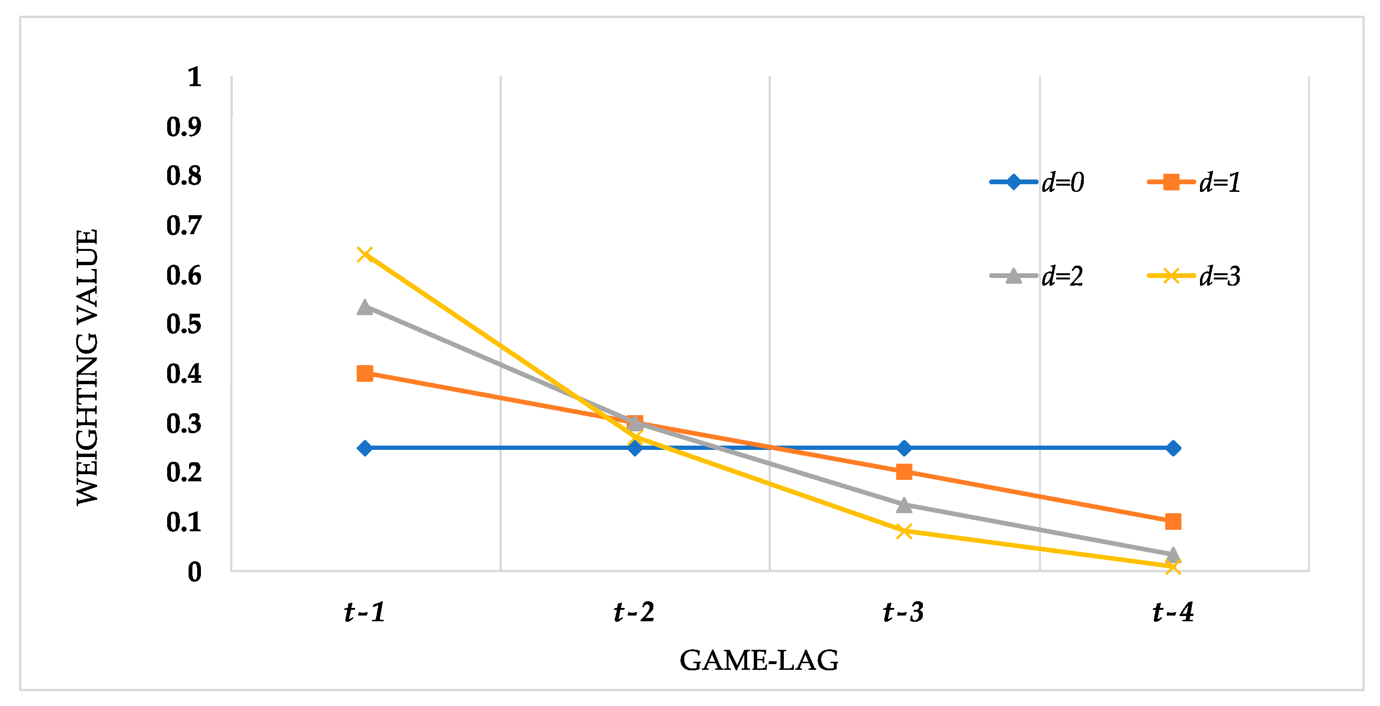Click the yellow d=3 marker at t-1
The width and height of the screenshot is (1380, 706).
point(365,254)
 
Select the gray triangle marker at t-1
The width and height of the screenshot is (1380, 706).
point(365,308)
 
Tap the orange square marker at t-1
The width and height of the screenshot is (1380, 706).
point(365,373)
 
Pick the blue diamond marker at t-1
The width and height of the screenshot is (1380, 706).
point(365,448)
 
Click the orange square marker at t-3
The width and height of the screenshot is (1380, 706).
point(904,472)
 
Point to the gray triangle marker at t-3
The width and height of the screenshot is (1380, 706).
point(904,505)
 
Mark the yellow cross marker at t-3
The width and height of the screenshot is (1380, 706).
point(904,531)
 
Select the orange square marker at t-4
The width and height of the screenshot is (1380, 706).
point(1173,521)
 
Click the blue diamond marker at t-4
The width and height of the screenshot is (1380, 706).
point(1173,448)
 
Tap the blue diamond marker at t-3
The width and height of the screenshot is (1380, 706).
point(904,448)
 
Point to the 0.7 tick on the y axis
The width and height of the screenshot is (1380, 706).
point(184,226)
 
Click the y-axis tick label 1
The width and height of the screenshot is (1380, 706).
point(194,77)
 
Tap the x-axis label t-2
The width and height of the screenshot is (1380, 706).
point(634,612)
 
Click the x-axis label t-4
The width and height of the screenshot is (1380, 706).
point(1173,612)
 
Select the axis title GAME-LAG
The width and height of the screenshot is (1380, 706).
point(759,660)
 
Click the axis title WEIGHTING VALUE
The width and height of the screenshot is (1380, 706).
point(87,367)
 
